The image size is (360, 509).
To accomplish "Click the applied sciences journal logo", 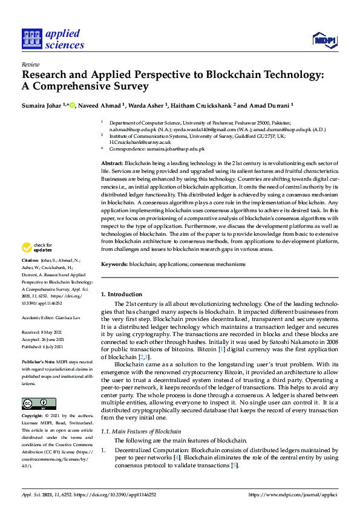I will (53, 38).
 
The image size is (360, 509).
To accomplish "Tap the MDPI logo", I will (324, 39).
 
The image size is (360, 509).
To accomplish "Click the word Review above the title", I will (30, 64).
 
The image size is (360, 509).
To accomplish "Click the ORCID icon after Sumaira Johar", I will (72, 105).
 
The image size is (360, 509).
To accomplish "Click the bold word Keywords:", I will (114, 264).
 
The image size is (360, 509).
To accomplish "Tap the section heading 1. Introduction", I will (121, 294).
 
